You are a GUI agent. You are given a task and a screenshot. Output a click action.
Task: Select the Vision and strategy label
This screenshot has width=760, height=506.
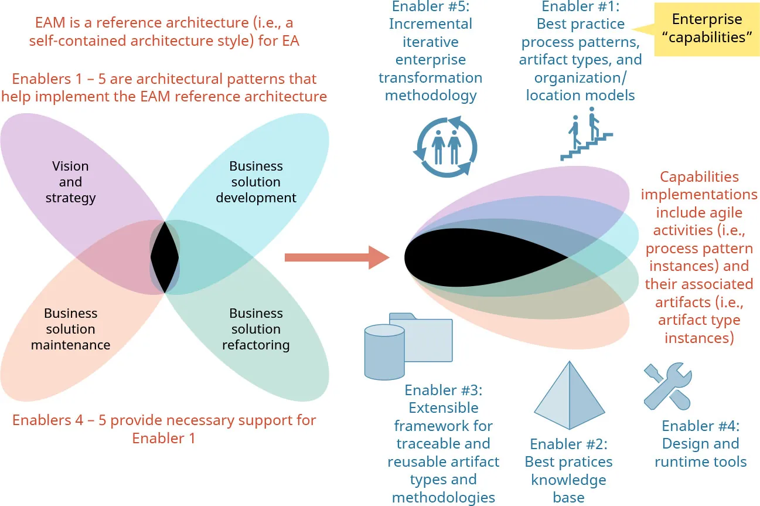70,182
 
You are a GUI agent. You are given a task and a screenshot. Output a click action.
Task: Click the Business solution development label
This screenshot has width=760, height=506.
256,182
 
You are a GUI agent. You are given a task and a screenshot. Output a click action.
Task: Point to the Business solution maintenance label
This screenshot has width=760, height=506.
70,329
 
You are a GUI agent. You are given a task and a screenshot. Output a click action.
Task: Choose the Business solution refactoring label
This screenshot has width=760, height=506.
256,329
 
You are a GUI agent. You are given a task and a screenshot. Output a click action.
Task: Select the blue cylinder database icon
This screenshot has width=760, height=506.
384,351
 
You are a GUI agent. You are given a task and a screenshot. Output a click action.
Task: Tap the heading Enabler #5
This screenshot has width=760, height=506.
431,7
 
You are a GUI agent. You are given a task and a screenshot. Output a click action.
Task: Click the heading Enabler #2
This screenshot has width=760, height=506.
568,444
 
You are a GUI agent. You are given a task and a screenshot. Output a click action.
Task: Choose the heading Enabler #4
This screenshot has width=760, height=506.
700,426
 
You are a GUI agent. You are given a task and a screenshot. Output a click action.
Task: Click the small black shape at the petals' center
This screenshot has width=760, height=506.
165,257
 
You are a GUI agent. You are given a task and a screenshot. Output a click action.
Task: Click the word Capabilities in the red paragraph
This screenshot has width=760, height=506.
699,176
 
